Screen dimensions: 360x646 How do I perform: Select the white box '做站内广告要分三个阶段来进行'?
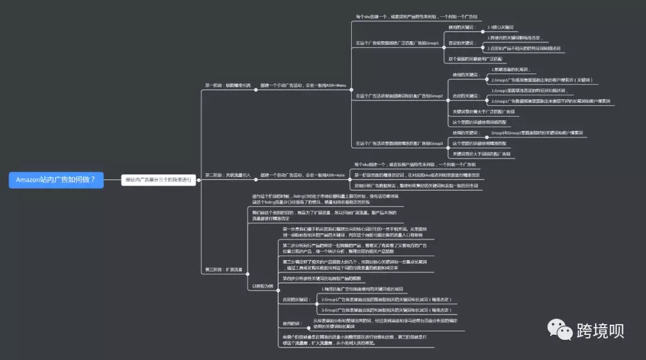[159, 179]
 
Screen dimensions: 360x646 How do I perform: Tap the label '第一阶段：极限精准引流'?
[228, 86]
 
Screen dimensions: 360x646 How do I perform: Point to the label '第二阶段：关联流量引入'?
[228, 175]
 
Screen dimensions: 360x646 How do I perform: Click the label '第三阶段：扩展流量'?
[224, 270]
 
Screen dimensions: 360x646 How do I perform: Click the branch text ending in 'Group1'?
[397, 43]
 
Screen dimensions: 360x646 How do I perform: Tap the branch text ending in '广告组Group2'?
[399, 96]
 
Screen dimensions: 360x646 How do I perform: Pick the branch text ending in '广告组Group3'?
[399, 144]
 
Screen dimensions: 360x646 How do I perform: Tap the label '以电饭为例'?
[262, 286]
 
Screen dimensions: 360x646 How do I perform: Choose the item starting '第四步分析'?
[322, 279]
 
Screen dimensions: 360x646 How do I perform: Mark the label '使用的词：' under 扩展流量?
[293, 324]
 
